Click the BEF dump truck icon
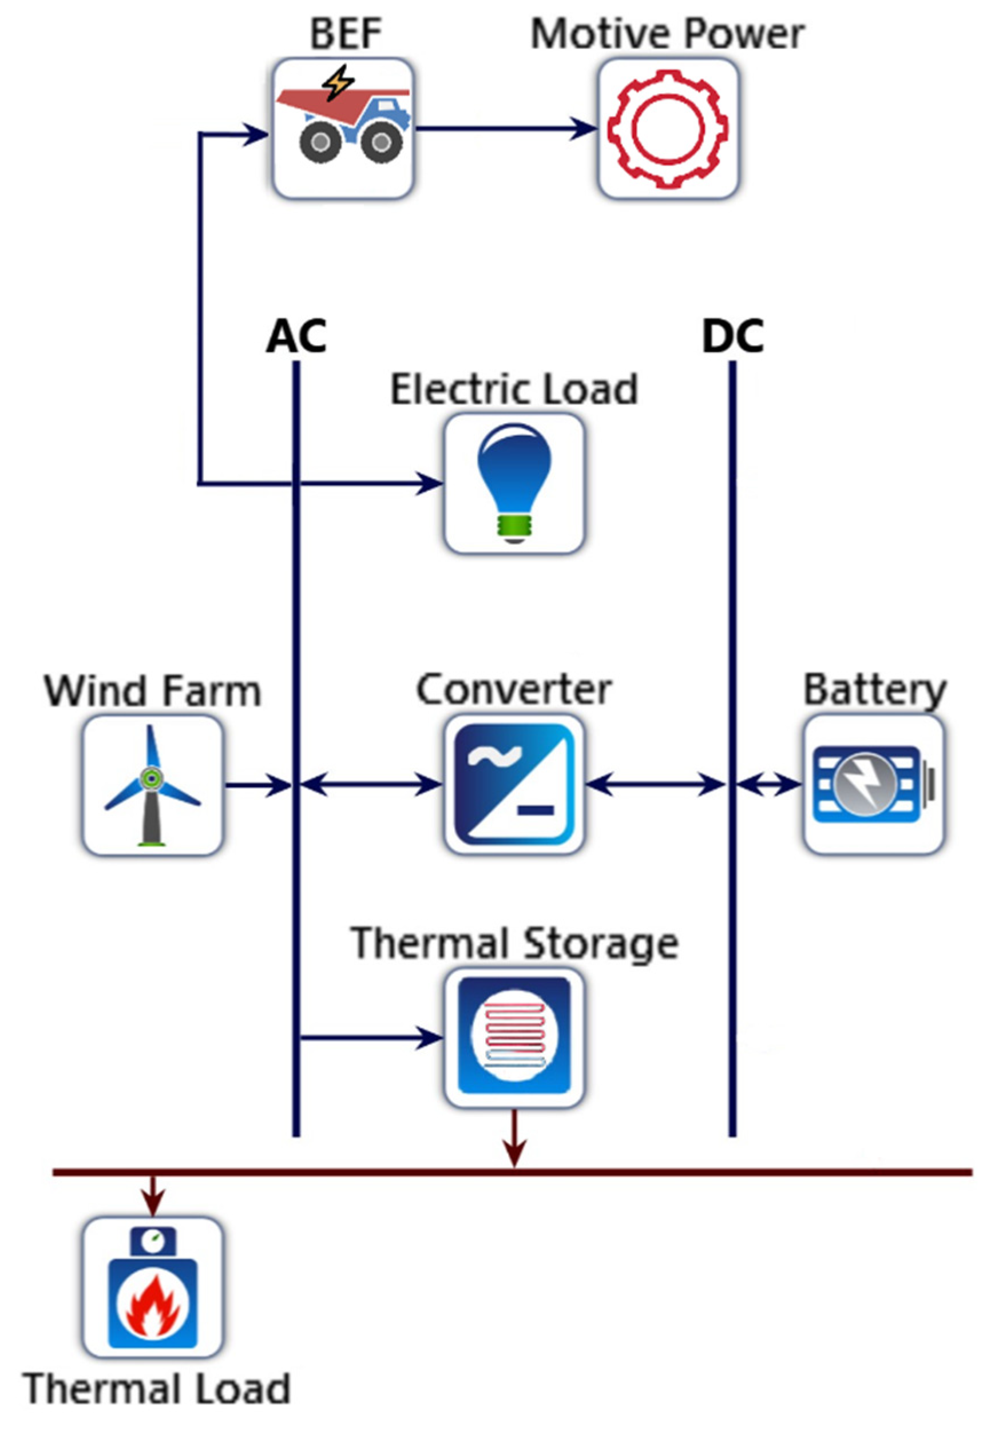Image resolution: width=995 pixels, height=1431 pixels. coord(342,128)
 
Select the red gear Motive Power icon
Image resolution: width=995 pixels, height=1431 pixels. coord(668,129)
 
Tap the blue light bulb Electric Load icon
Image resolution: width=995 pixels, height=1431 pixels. coord(514,483)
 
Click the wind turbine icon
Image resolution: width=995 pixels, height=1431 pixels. coord(152,785)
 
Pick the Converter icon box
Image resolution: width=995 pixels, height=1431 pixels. coord(514,785)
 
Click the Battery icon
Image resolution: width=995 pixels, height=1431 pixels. coord(873,785)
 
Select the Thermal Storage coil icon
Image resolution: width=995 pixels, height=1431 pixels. coord(514,1038)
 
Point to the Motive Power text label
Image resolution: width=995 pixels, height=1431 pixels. coord(667,34)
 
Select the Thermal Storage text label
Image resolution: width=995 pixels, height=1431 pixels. coord(514,943)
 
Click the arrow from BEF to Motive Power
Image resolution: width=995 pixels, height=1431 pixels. coord(505,129)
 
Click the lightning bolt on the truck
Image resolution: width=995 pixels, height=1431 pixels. coord(340,82)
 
